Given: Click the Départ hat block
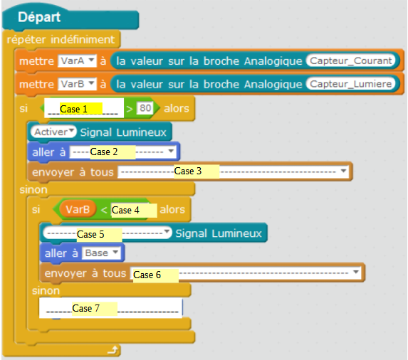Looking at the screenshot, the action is [x=70, y=18].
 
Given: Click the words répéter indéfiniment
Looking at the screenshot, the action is [x=61, y=40].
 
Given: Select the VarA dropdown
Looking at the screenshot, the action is [x=77, y=60].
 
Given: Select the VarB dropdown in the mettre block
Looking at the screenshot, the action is [x=77, y=84].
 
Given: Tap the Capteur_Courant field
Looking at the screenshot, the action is [x=351, y=60].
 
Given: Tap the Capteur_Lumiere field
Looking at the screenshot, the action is [x=351, y=84].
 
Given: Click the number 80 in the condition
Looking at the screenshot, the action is [x=145, y=108].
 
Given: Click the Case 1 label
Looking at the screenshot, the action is [x=73, y=109].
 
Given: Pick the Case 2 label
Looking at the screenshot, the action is [x=104, y=152].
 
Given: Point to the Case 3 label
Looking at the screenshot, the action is [x=187, y=171].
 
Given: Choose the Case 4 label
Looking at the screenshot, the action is [x=125, y=211].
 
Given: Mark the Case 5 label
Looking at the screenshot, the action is [x=90, y=235].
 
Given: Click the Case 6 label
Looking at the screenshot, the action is [x=147, y=275].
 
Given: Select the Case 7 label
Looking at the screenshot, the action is [x=86, y=309].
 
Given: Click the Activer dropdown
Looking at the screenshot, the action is [x=53, y=132].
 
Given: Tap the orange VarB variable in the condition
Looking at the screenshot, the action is [x=78, y=209].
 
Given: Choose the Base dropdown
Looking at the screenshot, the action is [x=101, y=253].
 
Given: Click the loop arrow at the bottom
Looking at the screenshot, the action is [x=113, y=350].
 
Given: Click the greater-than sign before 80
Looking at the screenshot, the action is [x=130, y=109].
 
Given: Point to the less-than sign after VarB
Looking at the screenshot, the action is [x=104, y=210].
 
